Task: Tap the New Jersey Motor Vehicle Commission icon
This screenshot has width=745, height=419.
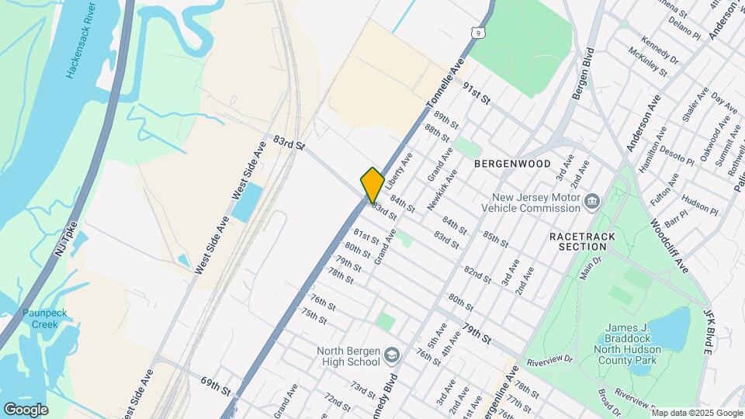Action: click(x=592, y=202)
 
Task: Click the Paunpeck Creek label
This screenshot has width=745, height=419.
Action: click(x=44, y=317)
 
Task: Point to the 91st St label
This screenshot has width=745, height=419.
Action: click(x=477, y=95)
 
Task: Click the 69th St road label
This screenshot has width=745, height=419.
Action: click(x=216, y=386)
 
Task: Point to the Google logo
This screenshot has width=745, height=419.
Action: click(x=26, y=410)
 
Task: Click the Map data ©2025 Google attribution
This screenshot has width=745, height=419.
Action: click(x=697, y=413)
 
